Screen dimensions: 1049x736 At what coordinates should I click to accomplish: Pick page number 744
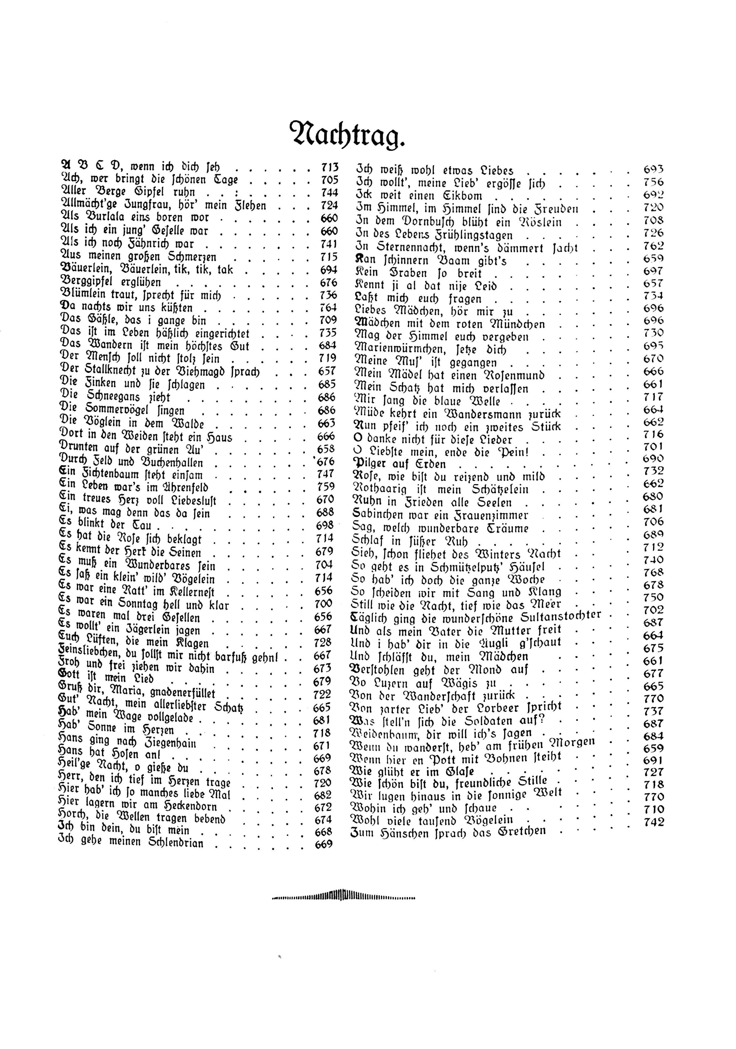(329, 192)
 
